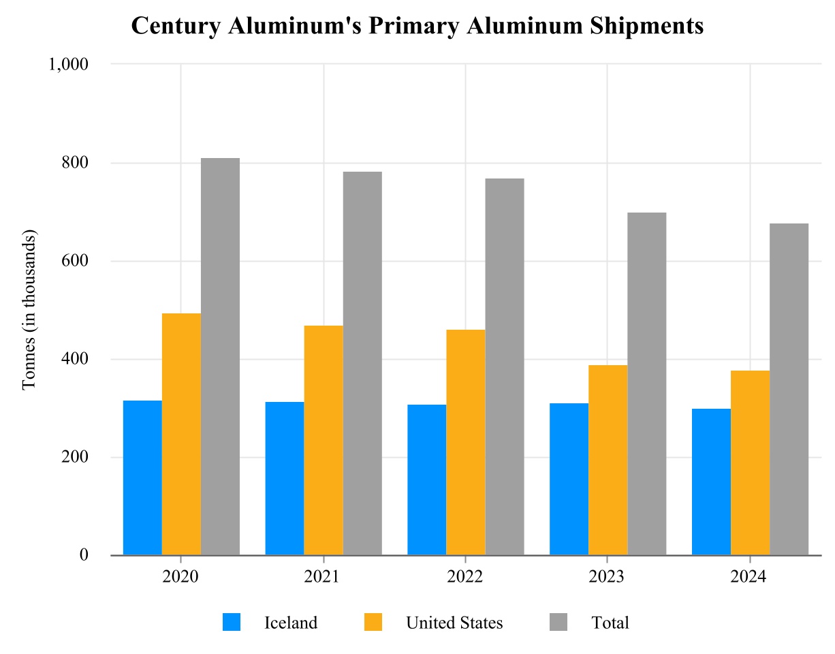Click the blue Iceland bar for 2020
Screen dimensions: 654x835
pyautogui.click(x=142, y=478)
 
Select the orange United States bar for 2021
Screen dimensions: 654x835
pyautogui.click(x=324, y=440)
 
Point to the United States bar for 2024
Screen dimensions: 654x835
pyautogui.click(x=750, y=463)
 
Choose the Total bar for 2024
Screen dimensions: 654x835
pyautogui.click(x=789, y=389)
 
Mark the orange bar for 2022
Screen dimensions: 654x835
pyautogui.click(x=466, y=442)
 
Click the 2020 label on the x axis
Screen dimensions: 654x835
pyautogui.click(x=180, y=577)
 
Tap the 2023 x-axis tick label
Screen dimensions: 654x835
pyautogui.click(x=608, y=577)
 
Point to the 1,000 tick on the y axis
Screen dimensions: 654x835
pyautogui.click(x=68, y=64)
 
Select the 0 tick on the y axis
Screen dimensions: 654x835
pyautogui.click(x=84, y=555)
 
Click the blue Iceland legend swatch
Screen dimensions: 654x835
pyautogui.click(x=232, y=622)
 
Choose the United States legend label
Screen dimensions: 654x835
pyautogui.click(x=454, y=623)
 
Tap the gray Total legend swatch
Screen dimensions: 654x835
pyautogui.click(x=558, y=622)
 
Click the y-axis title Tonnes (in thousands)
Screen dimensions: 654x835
pyautogui.click(x=29, y=310)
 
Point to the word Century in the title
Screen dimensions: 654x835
pyautogui.click(x=174, y=26)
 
